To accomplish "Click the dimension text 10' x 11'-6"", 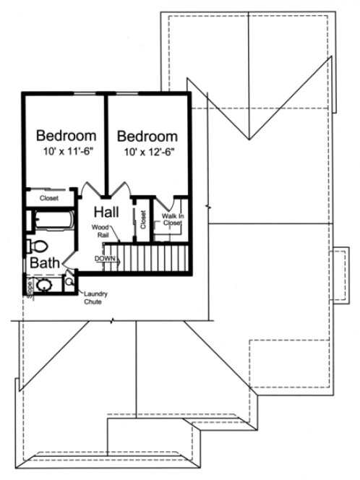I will pos(66,153).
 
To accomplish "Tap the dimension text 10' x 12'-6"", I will pos(147,153).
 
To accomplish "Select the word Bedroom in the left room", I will pos(67,136).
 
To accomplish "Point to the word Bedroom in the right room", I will pos(147,136).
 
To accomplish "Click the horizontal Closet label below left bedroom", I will pos(49,197).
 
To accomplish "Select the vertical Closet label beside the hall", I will pos(143,219).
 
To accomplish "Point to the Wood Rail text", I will pos(100,231).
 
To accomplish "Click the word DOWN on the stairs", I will pos(105,258).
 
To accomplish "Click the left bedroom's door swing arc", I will pos(90,190).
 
